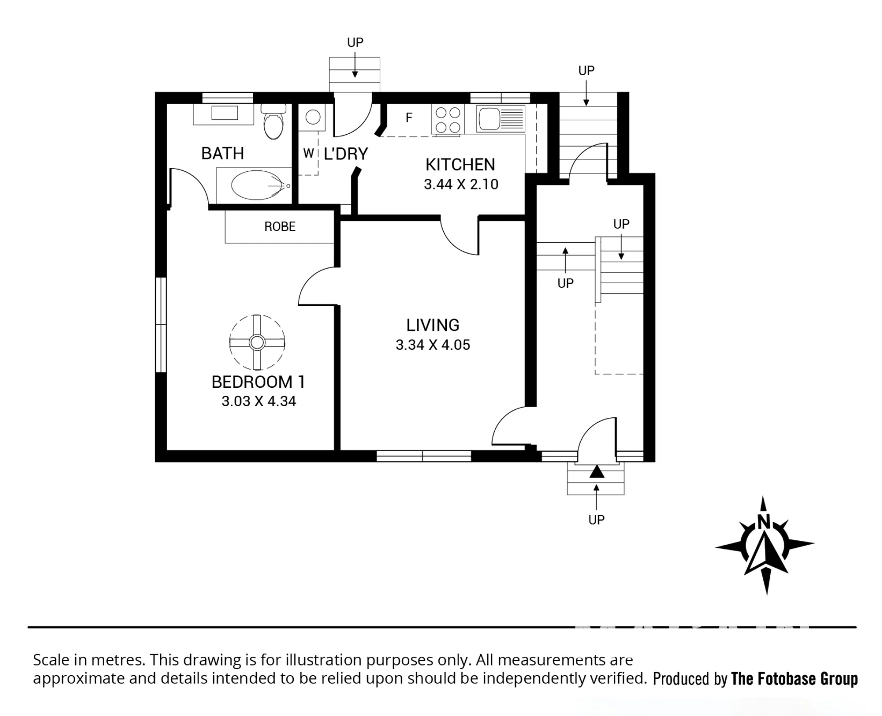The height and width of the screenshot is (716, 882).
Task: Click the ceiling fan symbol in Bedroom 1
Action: (257, 342)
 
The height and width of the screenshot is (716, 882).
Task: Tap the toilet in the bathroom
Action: (274, 121)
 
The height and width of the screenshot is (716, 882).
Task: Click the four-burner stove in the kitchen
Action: (447, 120)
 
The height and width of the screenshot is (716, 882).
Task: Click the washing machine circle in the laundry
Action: (312, 117)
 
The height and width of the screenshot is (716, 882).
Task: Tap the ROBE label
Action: (280, 227)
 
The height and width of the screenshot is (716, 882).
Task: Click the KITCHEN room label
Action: (460, 164)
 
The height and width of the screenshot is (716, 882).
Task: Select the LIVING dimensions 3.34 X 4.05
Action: (433, 345)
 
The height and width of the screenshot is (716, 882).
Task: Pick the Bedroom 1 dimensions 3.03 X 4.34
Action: (259, 401)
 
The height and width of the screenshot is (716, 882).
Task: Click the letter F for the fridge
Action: (409, 117)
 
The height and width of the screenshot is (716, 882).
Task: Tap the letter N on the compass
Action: (764, 521)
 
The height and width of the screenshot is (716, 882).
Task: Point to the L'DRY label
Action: (346, 154)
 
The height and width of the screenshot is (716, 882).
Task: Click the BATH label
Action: (222, 154)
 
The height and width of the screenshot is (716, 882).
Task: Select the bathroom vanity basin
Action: (224, 113)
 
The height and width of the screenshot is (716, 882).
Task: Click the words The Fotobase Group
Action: (794, 679)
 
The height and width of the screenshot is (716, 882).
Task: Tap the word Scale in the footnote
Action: (51, 660)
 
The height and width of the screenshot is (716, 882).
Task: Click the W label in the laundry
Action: (308, 154)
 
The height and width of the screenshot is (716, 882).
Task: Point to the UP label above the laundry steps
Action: (355, 42)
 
